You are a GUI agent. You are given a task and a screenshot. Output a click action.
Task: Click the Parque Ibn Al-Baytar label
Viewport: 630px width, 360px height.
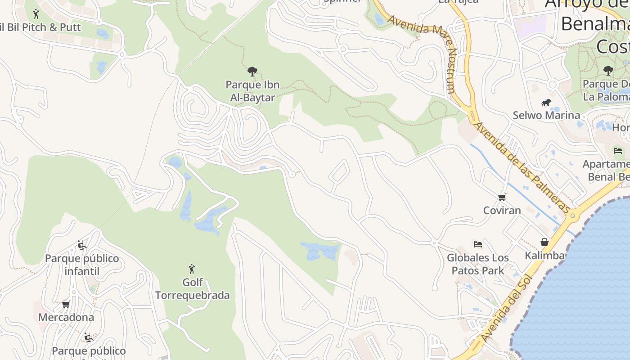point(252,91)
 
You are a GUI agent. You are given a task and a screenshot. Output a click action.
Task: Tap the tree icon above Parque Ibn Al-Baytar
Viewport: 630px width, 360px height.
point(252,71)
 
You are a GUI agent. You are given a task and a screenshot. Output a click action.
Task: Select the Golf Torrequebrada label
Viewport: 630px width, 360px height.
point(192,289)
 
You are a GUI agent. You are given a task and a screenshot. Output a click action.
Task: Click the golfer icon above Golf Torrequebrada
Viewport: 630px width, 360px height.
point(192,269)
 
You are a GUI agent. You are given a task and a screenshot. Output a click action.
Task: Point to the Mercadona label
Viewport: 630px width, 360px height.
point(66,317)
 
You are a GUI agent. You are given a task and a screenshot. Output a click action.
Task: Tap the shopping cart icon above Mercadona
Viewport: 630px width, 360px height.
point(66,304)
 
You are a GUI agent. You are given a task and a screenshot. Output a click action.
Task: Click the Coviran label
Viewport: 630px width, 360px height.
point(502,210)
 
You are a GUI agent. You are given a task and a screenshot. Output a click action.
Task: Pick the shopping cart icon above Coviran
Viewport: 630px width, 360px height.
point(502,197)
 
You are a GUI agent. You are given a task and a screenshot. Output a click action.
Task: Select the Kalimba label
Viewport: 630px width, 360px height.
point(544,256)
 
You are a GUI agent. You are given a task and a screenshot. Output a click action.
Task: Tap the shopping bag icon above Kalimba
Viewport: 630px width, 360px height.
point(544,243)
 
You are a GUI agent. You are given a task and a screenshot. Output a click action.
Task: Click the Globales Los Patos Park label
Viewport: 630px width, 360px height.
point(477,264)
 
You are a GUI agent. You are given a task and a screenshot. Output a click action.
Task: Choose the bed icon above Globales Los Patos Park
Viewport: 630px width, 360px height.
point(478,244)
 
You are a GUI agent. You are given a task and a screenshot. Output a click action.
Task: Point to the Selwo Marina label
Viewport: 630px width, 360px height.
point(546,115)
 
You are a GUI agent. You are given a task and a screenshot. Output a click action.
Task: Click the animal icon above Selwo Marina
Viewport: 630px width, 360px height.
point(546,103)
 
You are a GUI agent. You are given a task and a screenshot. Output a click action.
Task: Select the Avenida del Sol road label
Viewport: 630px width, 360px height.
point(507,307)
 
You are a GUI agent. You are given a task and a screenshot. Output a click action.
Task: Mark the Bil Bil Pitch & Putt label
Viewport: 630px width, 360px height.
point(40,27)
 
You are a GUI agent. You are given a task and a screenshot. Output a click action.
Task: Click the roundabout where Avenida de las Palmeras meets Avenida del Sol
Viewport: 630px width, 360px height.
point(572,216)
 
